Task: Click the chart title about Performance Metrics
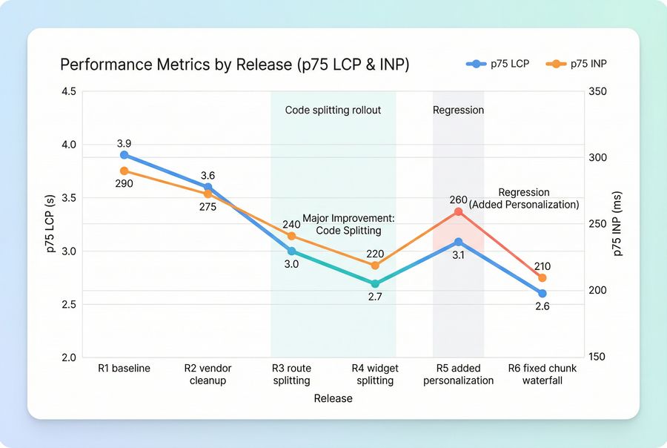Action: [x=234, y=65]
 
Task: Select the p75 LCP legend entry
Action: [x=498, y=65]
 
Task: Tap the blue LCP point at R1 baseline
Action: [x=125, y=155]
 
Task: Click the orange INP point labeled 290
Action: [x=125, y=171]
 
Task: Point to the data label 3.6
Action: [x=208, y=176]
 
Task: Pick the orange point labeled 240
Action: [x=291, y=236]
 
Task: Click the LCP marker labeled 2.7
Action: [x=375, y=283]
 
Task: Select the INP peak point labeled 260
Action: [x=458, y=211]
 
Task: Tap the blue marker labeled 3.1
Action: [x=458, y=242]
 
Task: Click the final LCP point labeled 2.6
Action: [x=542, y=294]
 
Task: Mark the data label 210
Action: [x=542, y=266]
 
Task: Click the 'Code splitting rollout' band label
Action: [x=333, y=111]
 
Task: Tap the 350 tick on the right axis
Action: [x=598, y=92]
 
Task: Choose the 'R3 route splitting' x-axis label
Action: [x=291, y=375]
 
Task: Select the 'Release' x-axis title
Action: [x=333, y=398]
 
